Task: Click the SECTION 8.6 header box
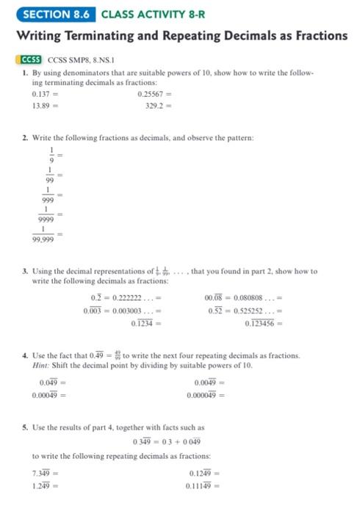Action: (x=48, y=12)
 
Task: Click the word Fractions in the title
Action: (x=311, y=35)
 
